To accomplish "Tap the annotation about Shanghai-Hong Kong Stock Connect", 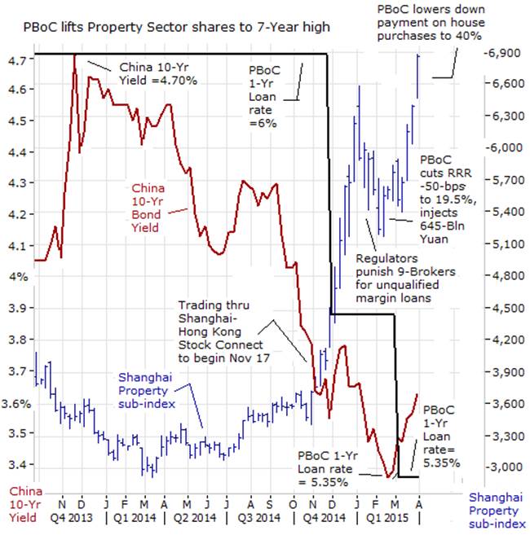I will tap(224, 331).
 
